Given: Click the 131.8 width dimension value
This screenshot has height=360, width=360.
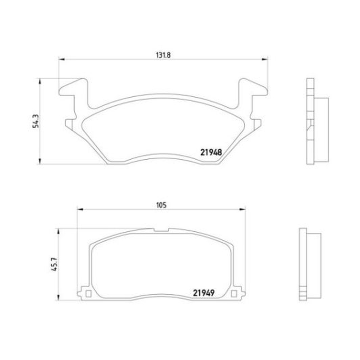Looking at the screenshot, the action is click(163, 55).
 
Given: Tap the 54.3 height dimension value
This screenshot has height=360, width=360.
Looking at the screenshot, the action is click(36, 121).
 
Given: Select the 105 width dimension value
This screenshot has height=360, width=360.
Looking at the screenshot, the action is click(161, 205).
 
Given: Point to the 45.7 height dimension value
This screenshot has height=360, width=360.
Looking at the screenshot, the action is click(54, 264).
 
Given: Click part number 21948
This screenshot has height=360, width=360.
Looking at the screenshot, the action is click(211, 152).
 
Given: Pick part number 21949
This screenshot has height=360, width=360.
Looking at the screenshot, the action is click(204, 293).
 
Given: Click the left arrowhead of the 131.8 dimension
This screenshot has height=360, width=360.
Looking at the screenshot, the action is click(62, 59).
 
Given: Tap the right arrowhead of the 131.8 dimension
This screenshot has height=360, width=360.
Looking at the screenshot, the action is click(265, 59).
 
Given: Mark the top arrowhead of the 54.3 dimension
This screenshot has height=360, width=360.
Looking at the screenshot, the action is click(40, 81).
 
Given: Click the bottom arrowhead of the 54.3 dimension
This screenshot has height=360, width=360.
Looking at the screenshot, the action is click(40, 161).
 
